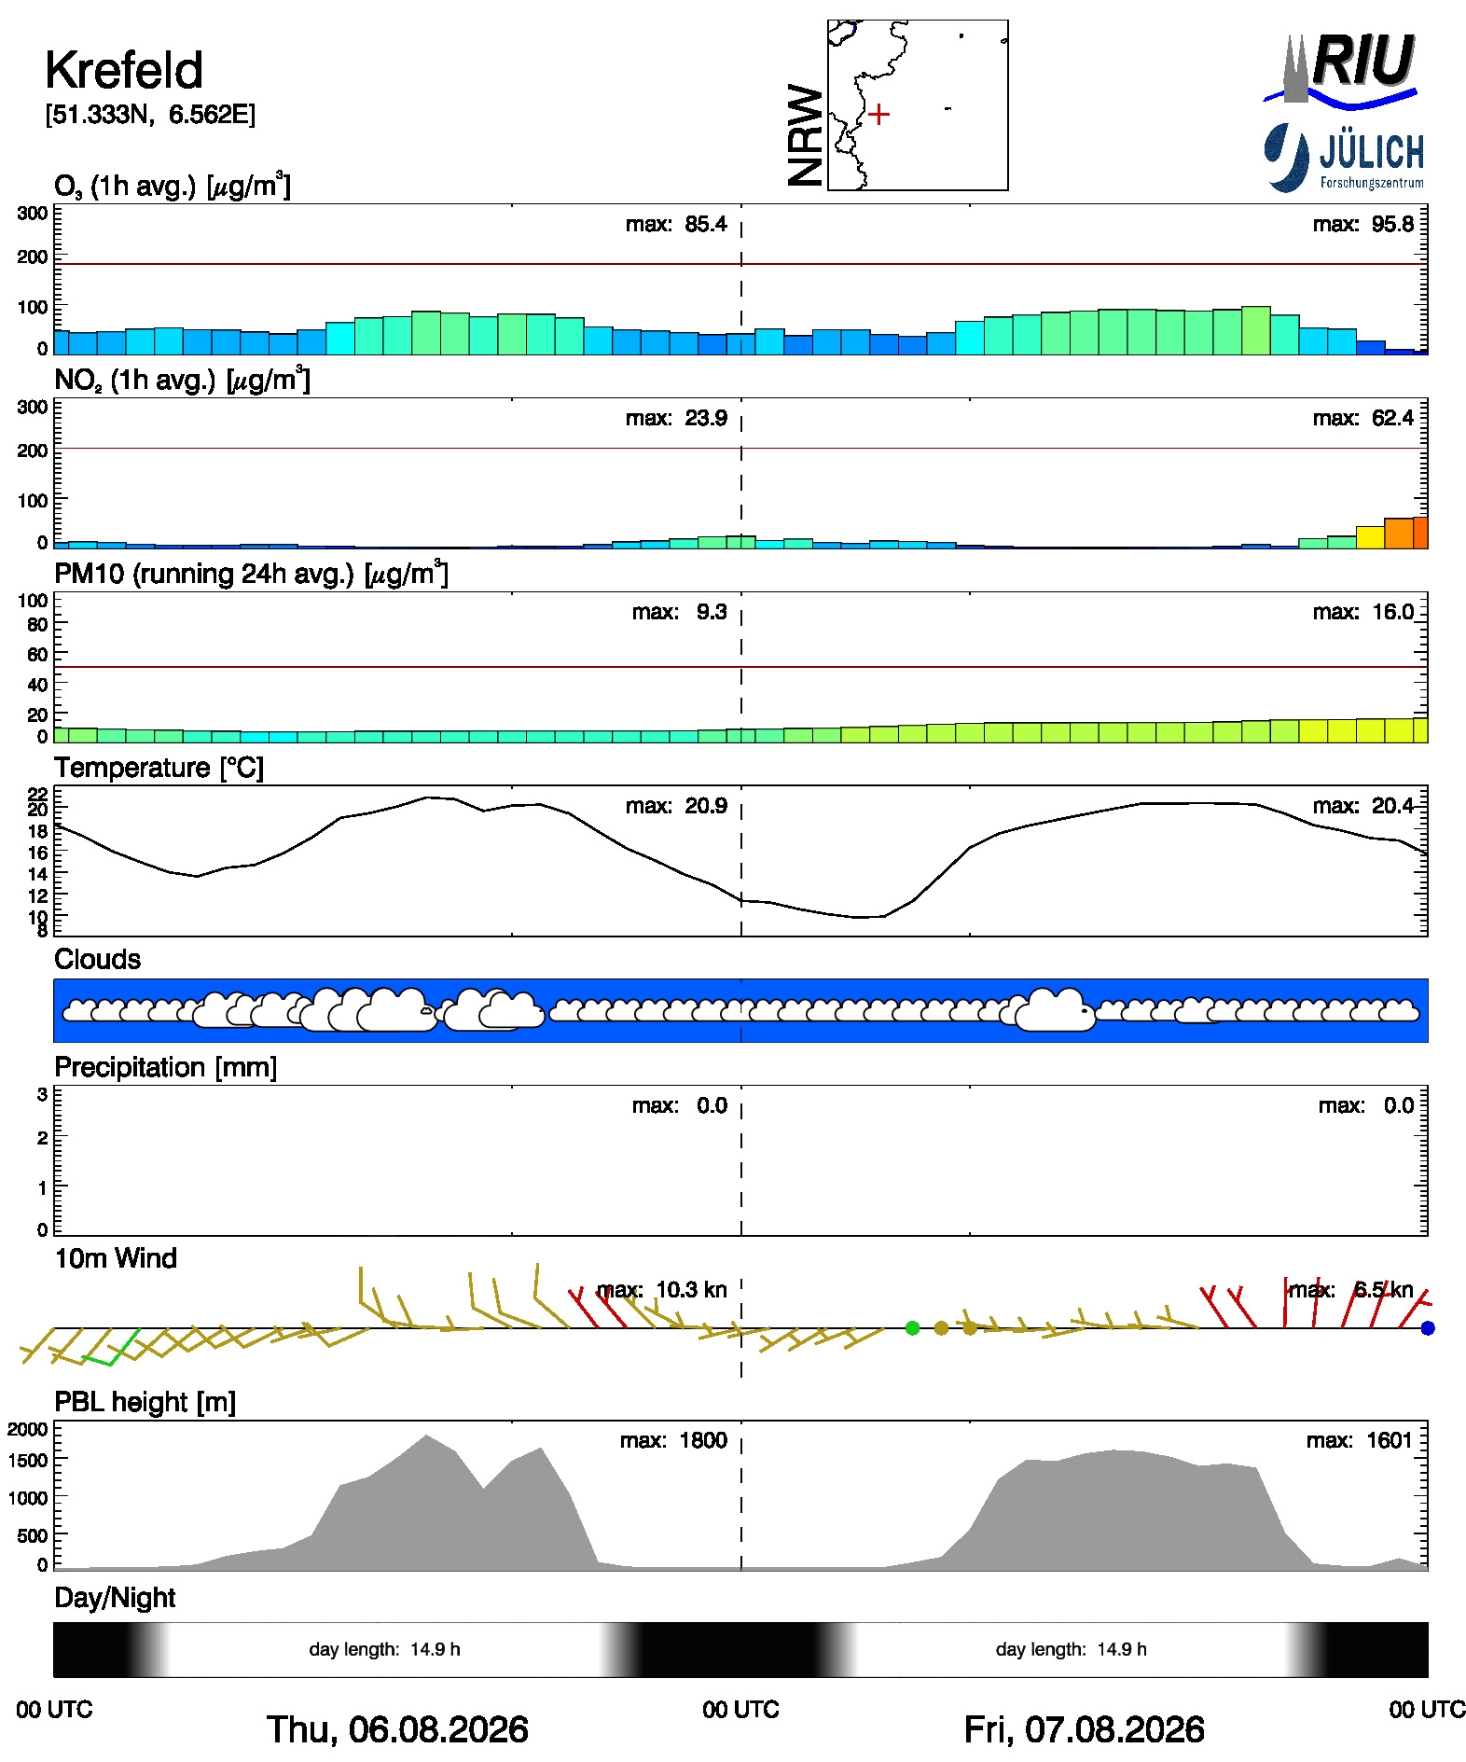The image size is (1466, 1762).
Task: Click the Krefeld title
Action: tap(124, 70)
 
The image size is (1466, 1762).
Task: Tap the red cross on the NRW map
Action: tap(878, 115)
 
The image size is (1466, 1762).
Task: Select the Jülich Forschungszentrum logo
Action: tap(1344, 158)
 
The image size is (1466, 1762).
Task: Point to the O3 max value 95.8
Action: tap(1389, 224)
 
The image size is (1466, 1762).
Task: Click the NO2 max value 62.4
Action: tap(1389, 418)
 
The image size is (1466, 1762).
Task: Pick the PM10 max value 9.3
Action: tap(712, 612)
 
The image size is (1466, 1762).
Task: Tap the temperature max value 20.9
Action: tap(702, 806)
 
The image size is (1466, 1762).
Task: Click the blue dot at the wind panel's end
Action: tap(1427, 1327)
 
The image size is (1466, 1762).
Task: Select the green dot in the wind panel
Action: tap(912, 1327)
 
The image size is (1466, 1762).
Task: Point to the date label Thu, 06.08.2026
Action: tap(397, 1729)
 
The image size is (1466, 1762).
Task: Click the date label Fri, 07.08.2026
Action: tap(1084, 1729)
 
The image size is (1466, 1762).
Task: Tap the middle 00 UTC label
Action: tap(740, 1710)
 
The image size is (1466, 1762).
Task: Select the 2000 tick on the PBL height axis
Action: tap(28, 1429)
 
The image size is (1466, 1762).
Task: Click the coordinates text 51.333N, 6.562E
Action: tap(150, 115)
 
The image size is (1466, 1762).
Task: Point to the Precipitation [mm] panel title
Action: tap(165, 1067)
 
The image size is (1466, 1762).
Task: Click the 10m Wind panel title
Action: tap(116, 1258)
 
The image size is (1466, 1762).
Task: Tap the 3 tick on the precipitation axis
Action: tap(42, 1094)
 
